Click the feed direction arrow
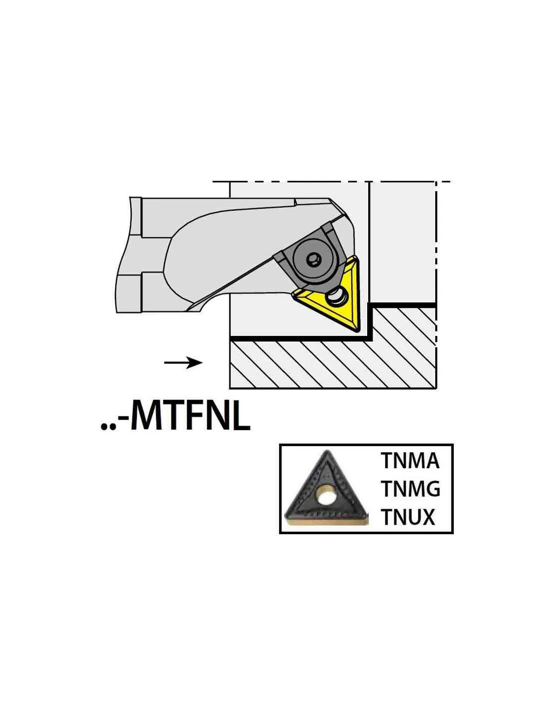183,363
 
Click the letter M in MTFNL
149,416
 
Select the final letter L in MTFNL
240,416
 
